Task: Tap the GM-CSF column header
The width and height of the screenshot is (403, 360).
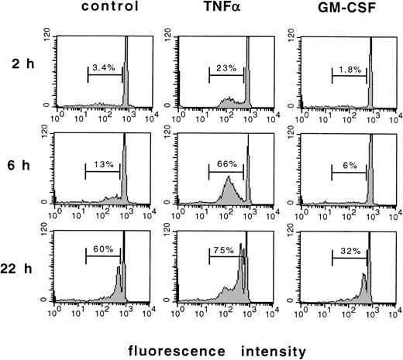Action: tap(344, 10)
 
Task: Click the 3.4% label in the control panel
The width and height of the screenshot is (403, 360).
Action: tap(103, 69)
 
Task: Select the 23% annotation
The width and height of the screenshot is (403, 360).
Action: tap(225, 69)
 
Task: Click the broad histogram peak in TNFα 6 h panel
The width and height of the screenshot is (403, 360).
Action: tap(229, 190)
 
